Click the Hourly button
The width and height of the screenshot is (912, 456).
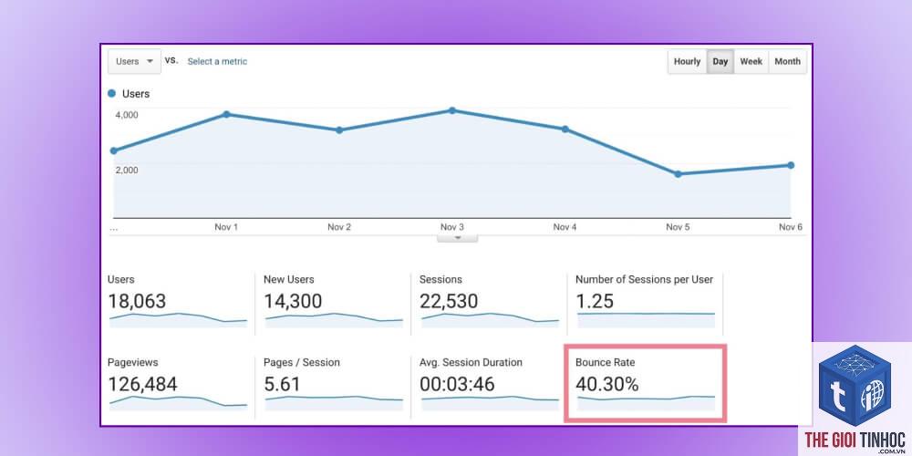click(x=687, y=62)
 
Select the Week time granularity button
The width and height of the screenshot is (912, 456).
click(x=751, y=62)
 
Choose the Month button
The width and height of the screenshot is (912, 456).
click(x=788, y=62)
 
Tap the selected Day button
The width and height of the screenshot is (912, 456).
click(x=720, y=62)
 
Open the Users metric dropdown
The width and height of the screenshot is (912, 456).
click(x=134, y=62)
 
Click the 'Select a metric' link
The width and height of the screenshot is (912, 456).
click(x=217, y=62)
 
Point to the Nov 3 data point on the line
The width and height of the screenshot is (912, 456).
click(x=452, y=110)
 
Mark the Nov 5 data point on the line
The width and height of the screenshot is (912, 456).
click(x=678, y=174)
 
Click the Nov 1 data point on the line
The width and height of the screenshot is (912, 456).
click(x=226, y=115)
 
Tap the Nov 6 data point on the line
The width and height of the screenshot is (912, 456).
click(x=791, y=165)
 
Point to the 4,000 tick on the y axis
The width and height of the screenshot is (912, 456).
click(x=127, y=115)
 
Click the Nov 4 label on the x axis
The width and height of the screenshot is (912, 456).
click(x=565, y=227)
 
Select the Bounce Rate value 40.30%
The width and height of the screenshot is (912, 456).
click(x=607, y=385)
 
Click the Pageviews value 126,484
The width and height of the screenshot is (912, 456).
click(x=142, y=385)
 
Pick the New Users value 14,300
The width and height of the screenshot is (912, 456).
click(x=293, y=301)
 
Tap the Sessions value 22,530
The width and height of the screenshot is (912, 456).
click(x=449, y=301)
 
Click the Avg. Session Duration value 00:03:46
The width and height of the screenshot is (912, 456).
click(x=457, y=385)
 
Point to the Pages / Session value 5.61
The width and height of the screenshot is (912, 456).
click(x=282, y=385)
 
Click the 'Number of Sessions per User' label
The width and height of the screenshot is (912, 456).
click(x=644, y=279)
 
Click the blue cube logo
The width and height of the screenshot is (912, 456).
click(x=855, y=386)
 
